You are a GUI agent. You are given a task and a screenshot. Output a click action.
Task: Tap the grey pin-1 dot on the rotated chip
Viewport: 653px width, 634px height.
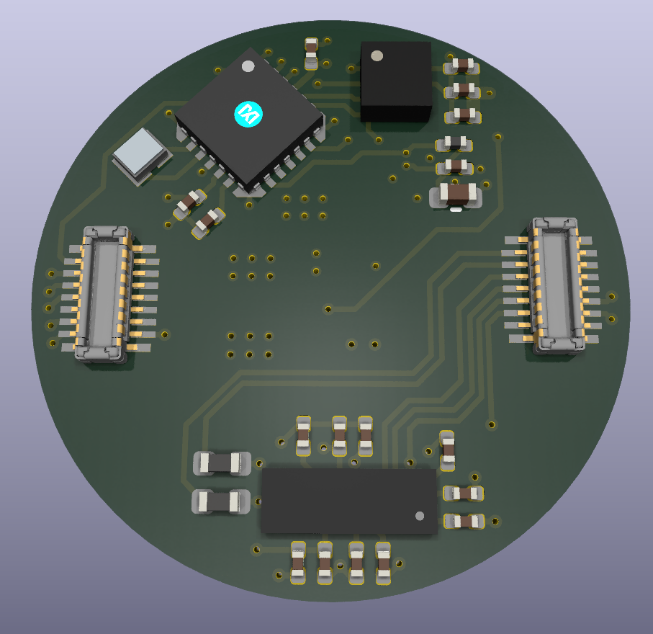tap(248, 66)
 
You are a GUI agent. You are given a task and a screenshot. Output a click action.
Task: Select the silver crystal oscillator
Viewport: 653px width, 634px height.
tap(142, 154)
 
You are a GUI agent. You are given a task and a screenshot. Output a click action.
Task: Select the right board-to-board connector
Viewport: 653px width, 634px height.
tap(554, 285)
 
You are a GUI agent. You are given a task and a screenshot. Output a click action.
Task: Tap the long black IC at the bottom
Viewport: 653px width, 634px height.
tap(349, 501)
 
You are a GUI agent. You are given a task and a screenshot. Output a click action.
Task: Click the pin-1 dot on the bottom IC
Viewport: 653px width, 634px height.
tap(420, 516)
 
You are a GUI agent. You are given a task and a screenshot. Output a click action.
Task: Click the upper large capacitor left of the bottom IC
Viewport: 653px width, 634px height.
tap(222, 463)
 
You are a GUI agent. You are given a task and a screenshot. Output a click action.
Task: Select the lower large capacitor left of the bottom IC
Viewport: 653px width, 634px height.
tap(221, 500)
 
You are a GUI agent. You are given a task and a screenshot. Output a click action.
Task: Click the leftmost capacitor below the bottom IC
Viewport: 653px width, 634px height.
tap(297, 563)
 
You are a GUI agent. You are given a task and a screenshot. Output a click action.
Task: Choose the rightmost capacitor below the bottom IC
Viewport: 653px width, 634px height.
tap(383, 562)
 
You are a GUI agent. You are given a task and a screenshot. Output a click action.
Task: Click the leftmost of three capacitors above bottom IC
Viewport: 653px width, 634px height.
tap(303, 435)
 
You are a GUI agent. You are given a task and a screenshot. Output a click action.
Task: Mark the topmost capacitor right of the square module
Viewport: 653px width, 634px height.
tap(461, 67)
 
